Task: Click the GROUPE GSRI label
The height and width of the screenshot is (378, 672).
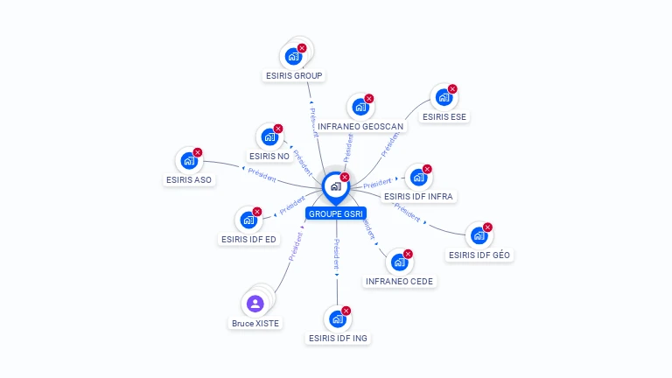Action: [336, 213]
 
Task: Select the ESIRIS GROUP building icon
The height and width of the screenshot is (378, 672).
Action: [294, 56]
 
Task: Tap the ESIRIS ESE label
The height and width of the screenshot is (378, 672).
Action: [444, 116]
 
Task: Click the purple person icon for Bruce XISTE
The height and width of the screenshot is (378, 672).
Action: [255, 304]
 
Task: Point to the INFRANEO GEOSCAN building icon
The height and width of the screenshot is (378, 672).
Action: [360, 107]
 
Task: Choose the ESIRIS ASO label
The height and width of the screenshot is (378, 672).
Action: [189, 180]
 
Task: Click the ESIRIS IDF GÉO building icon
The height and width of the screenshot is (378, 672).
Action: [478, 235]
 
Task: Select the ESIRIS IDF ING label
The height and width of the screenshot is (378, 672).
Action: [338, 338]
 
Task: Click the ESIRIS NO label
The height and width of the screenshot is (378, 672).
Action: [270, 157]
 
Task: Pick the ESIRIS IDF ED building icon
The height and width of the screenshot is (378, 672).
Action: [248, 220]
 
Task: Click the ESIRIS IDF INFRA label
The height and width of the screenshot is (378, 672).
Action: [418, 197]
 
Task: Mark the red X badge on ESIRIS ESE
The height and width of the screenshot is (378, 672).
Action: [452, 89]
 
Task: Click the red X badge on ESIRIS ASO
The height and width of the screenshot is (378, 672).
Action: [198, 152]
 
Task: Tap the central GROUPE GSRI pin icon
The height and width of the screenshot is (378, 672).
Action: [335, 186]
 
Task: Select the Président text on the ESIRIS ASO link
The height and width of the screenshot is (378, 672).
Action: [262, 173]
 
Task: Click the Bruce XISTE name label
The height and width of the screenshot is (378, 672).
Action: [255, 324]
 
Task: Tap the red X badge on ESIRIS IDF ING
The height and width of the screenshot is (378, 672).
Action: [346, 311]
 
